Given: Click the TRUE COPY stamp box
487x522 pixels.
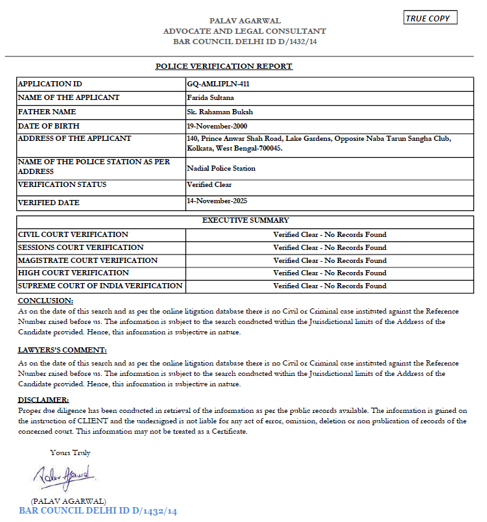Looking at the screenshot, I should coord(430,18).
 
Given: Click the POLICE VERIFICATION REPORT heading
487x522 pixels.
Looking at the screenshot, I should coord(224,66).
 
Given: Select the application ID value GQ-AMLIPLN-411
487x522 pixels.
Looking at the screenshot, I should coord(218,84).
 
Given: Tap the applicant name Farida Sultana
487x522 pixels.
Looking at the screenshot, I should coord(210,98).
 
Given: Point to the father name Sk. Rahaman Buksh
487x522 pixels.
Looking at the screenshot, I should coord(219,112).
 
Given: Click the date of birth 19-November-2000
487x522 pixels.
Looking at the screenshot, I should coord(217,126).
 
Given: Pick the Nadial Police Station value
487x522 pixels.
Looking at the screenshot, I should coord(220,168).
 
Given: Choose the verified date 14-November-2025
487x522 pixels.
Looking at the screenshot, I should coord(217,201).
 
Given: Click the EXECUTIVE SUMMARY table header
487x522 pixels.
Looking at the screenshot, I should coord(245,220).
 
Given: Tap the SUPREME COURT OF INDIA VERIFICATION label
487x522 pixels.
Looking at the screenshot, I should coord(100,286).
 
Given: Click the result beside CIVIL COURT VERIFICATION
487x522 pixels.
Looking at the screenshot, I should coord(329,234).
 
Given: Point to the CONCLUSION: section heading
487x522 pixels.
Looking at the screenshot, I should coord(45,301).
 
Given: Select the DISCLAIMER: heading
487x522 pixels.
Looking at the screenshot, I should coord(43,400).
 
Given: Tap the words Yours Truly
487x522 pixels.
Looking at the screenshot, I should coord(70,453).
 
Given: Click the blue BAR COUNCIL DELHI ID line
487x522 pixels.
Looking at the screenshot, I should coord(98,511).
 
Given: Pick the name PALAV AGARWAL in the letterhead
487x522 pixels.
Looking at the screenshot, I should coord(244,21).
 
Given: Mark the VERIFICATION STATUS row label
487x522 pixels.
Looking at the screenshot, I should coord(62,185).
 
